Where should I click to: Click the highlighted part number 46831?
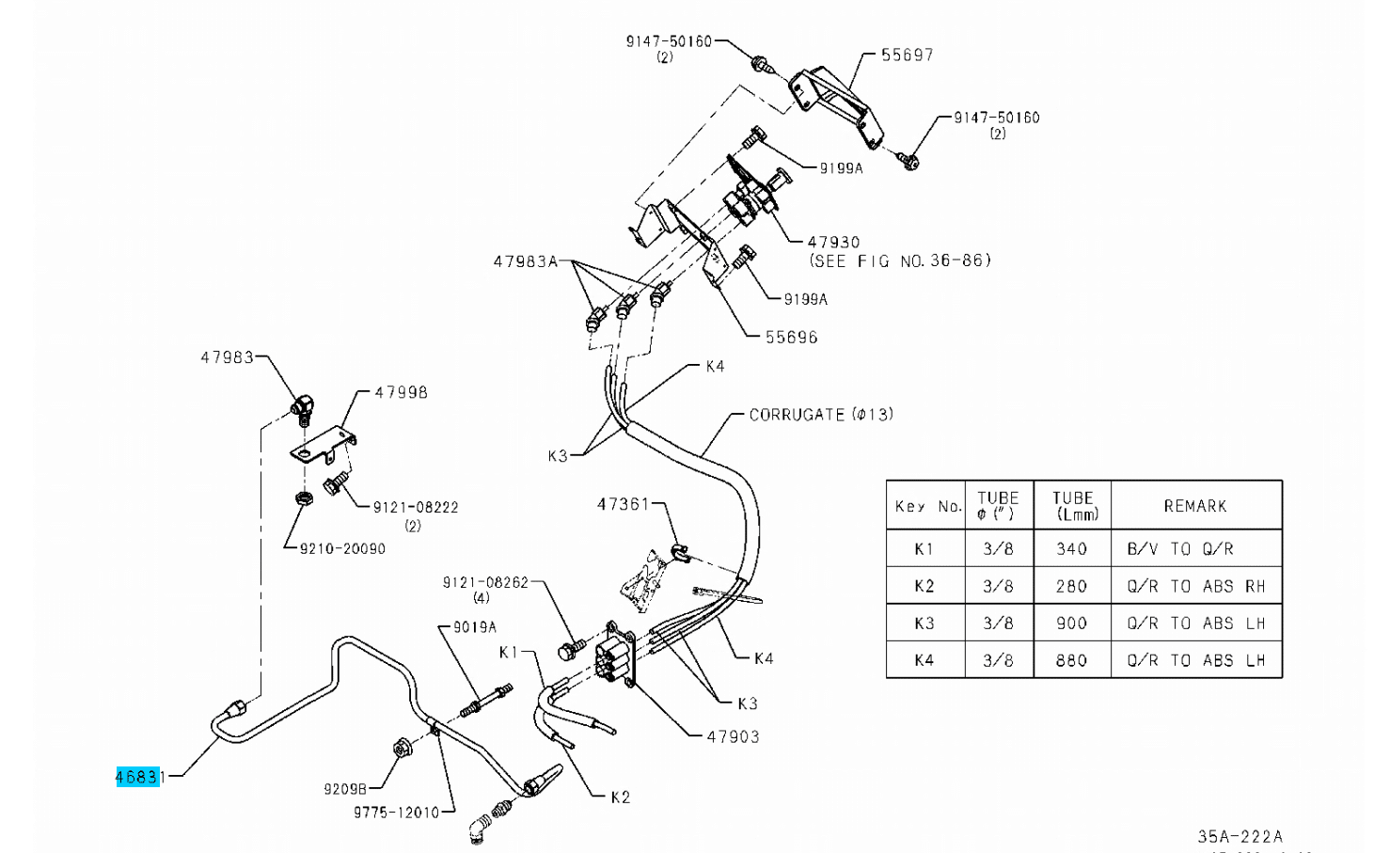coord(138,777)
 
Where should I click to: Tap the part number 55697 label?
coord(907,55)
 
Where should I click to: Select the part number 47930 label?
coord(833,242)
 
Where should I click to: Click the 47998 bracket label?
coord(401,392)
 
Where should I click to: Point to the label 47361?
coord(623,504)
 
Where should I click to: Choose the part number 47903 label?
coord(733,736)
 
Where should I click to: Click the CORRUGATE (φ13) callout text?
coord(820,414)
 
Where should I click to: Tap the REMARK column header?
coord(1194,506)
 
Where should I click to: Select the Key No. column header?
coord(927,506)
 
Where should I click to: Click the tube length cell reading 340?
coord(1071,548)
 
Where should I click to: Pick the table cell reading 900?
coord(1071,623)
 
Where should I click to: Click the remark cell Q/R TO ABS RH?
coord(1195,586)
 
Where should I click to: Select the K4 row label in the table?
coord(924,660)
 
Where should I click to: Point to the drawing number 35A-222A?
coord(1240,836)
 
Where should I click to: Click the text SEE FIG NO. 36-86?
coord(900,261)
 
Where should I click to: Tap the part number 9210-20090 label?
coord(342,548)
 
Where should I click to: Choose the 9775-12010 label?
coord(396,813)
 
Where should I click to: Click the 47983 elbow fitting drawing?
coord(302,408)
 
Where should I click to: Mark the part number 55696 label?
coord(791,337)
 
